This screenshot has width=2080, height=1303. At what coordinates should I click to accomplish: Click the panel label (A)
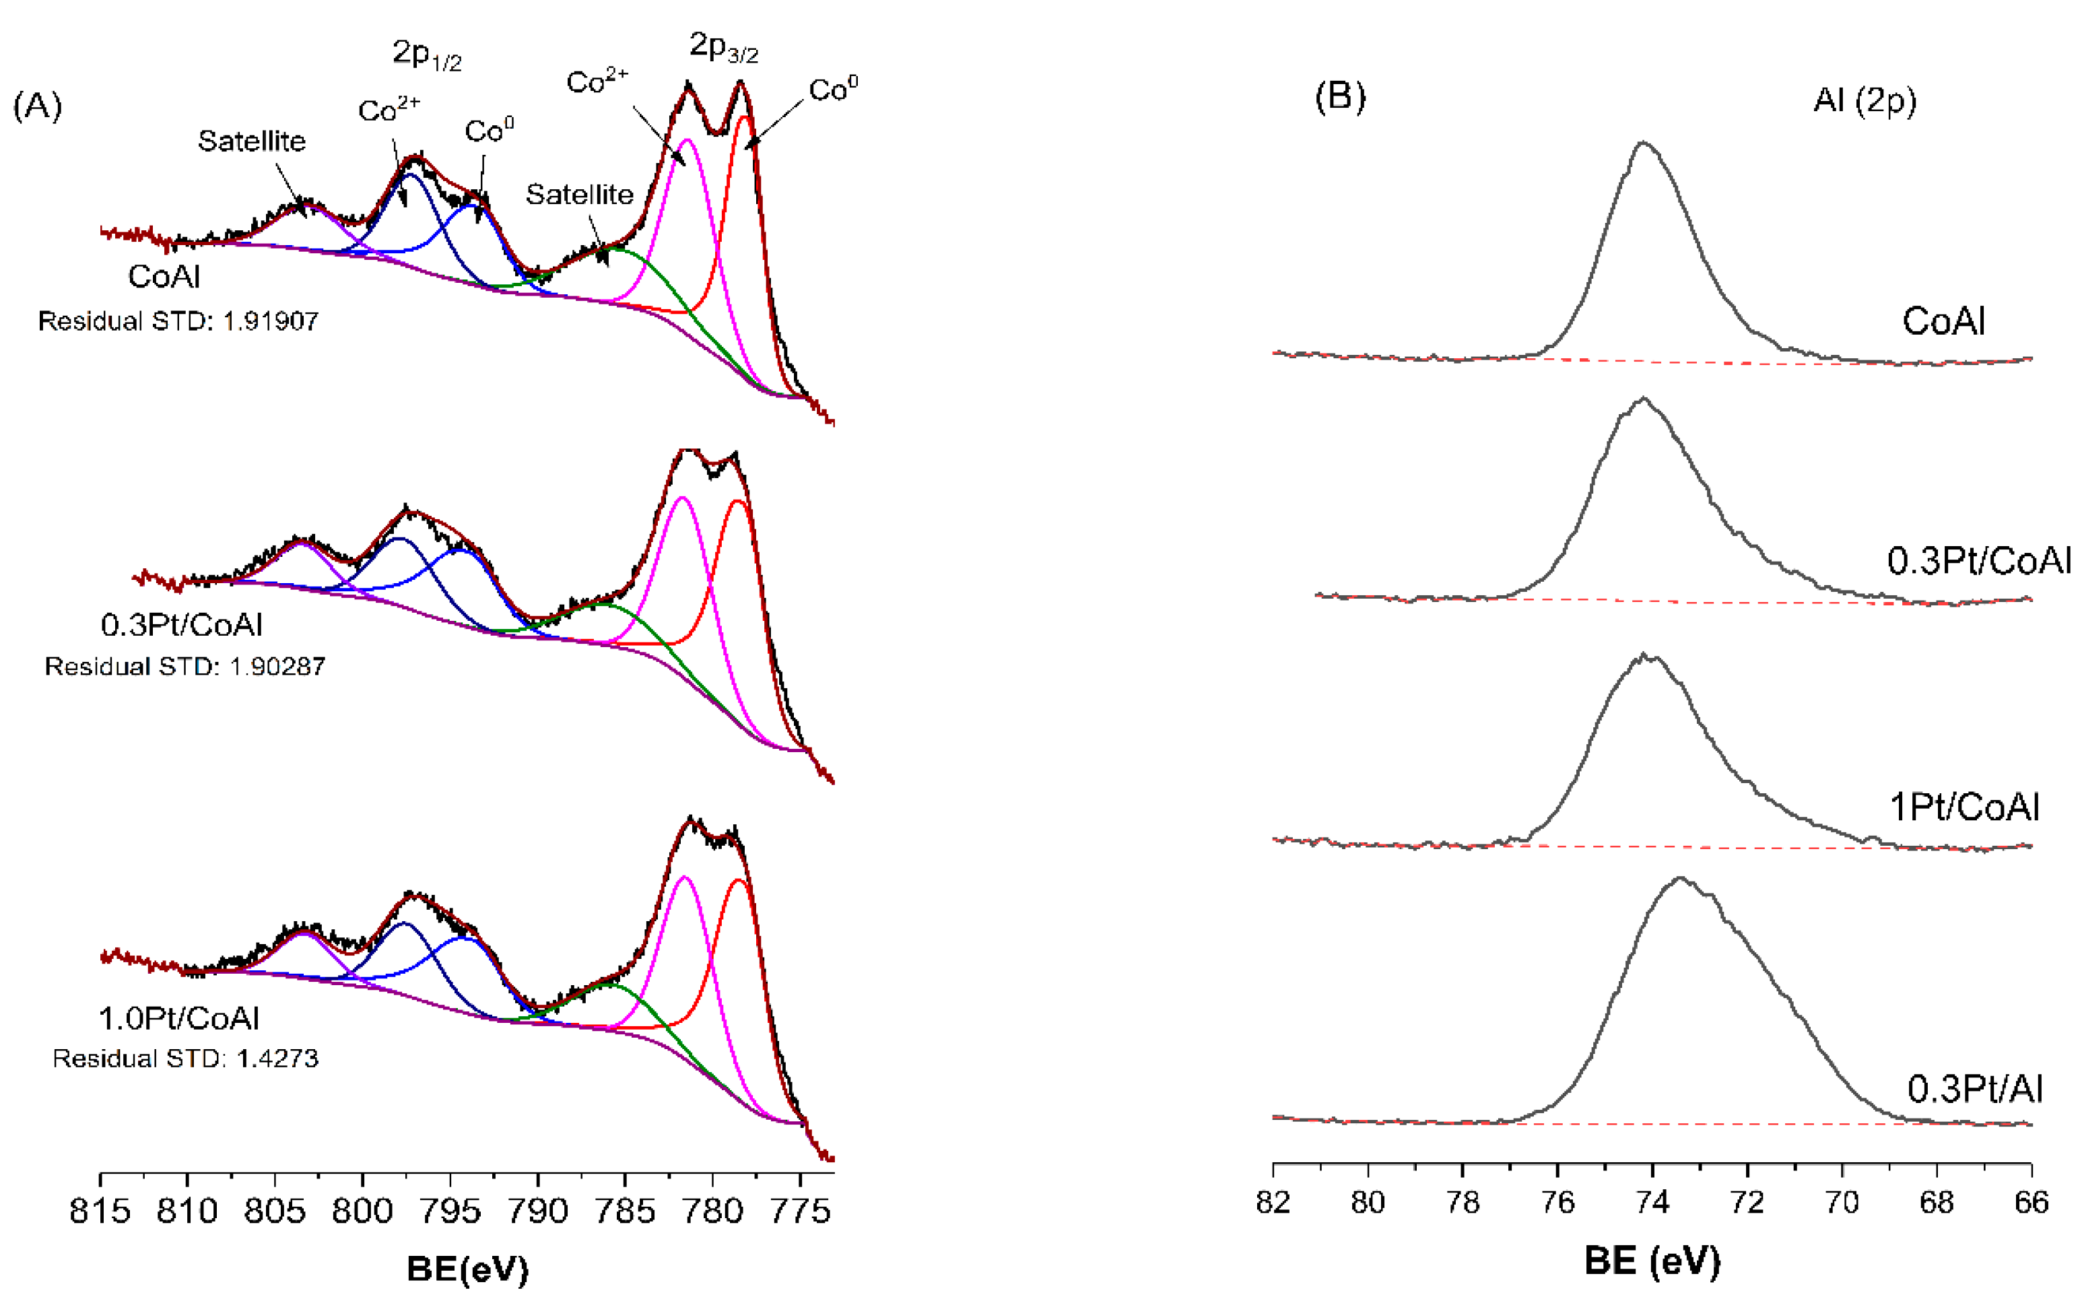[x=37, y=106]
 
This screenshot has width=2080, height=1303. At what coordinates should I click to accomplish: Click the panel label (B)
[x=1339, y=96]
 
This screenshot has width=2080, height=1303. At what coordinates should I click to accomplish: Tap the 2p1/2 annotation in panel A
[x=426, y=55]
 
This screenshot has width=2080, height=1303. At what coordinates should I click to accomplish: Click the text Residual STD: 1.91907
[x=178, y=321]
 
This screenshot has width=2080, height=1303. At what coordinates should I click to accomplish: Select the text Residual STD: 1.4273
[x=185, y=1059]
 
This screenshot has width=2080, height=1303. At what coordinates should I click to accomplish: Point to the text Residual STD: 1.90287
[x=185, y=666]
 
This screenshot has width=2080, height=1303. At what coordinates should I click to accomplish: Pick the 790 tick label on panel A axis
[x=537, y=1211]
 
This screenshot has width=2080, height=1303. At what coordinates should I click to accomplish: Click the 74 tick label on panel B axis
[x=1652, y=1202]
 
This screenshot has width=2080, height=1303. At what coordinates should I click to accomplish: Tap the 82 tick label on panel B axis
[x=1273, y=1202]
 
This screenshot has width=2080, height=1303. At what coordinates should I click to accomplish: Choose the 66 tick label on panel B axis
[x=2031, y=1202]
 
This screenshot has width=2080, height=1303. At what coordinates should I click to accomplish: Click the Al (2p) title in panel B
[x=1864, y=101]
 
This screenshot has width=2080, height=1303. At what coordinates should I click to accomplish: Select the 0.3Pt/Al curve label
[x=1975, y=1090]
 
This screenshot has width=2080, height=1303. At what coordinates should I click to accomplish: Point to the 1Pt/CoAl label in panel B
[x=1964, y=807]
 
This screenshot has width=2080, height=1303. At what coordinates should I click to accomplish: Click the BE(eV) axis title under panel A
[x=467, y=1269]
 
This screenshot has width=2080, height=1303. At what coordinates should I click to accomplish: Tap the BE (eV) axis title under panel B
[x=1652, y=1261]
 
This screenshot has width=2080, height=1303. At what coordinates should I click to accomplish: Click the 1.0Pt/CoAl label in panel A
[x=179, y=1019]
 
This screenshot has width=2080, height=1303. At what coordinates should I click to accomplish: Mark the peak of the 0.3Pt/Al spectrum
[x=1680, y=879]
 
